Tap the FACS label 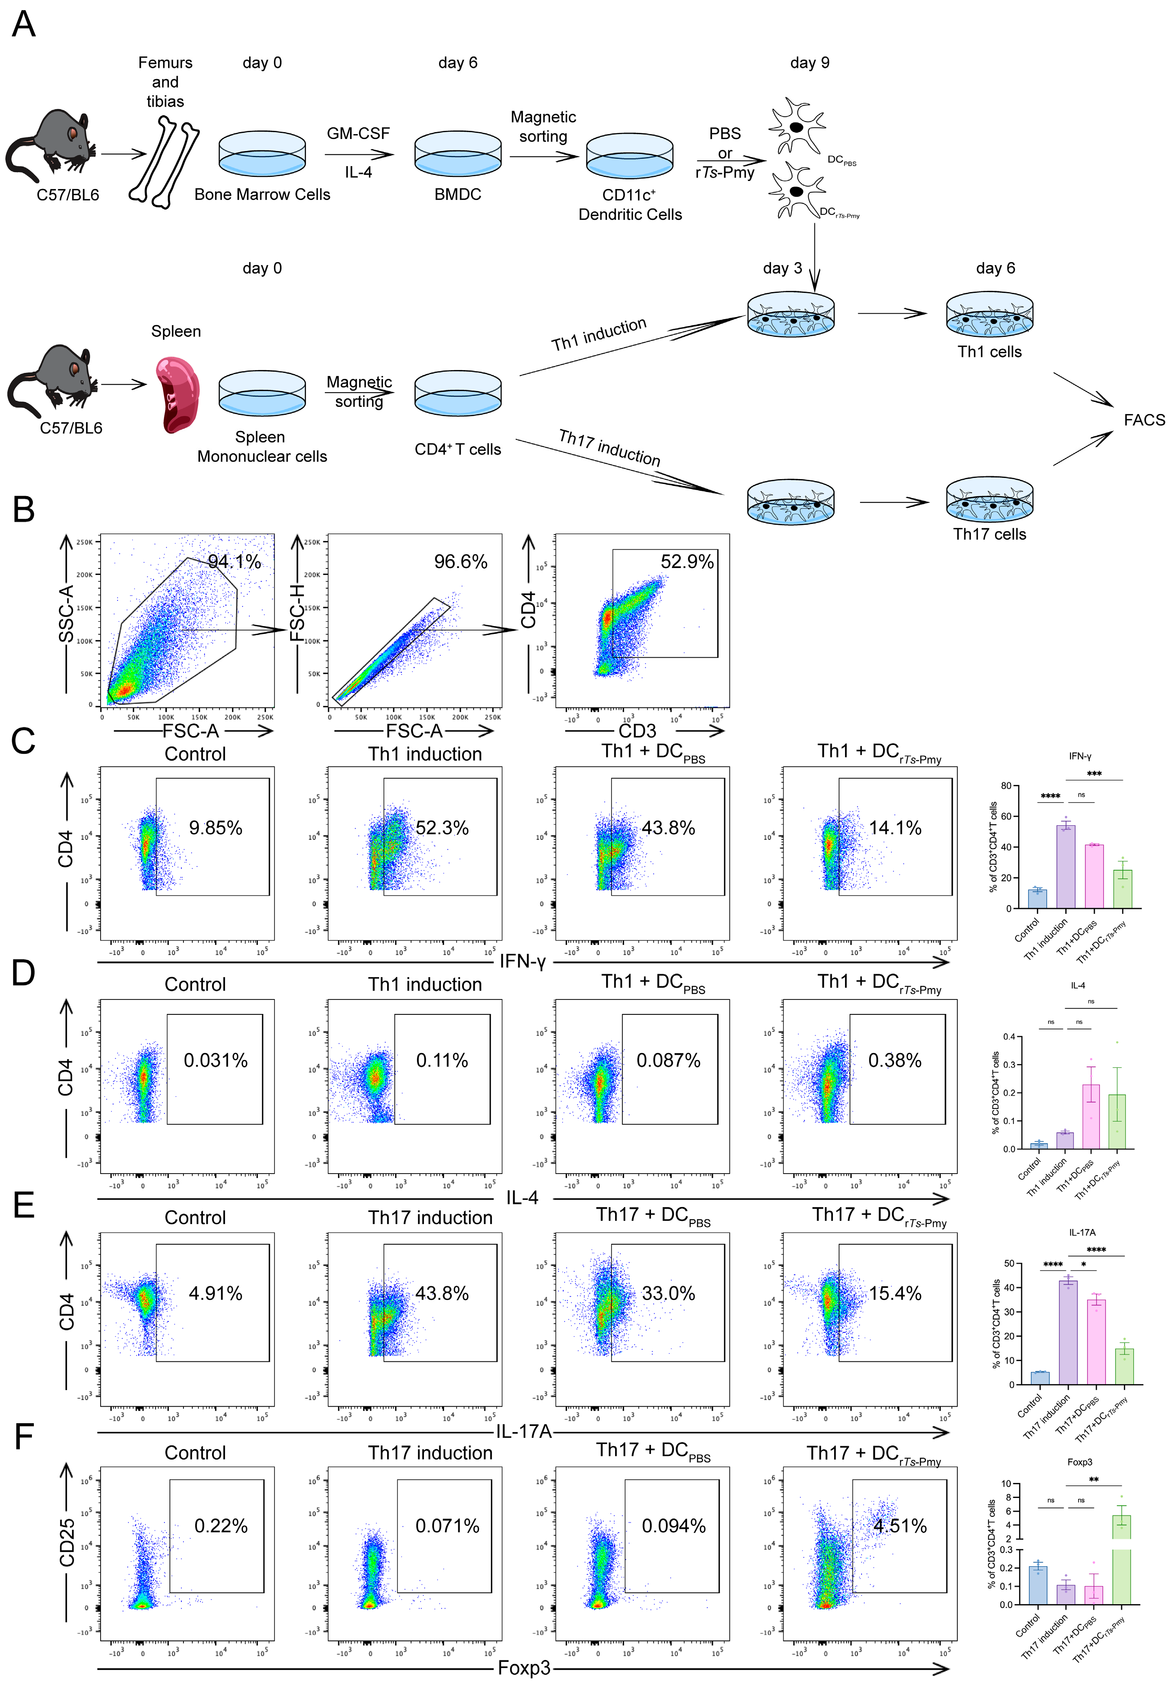(1144, 420)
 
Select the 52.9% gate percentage (687, 562)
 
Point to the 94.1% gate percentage (234, 562)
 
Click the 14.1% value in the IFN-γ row (894, 828)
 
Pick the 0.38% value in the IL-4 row (894, 1060)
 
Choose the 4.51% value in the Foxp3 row (900, 1526)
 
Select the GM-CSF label (358, 134)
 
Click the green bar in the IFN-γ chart (1122, 890)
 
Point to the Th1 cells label (989, 352)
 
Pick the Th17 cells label (989, 534)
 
